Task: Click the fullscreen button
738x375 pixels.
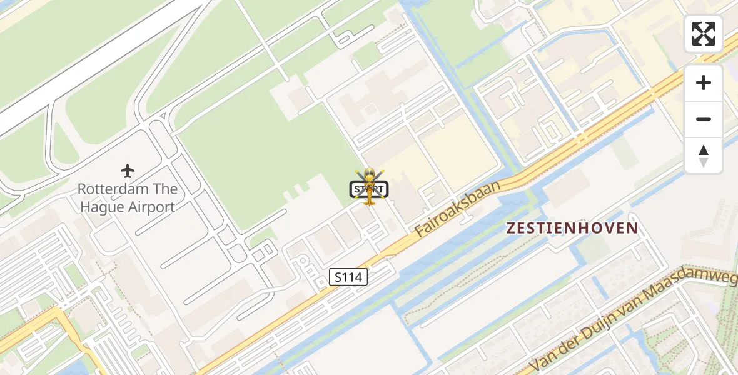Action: pos(703,34)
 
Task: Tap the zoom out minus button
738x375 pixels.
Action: pos(703,119)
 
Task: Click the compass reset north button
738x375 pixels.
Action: pos(703,156)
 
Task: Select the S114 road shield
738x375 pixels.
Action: pos(348,277)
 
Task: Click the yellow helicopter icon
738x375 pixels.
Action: pos(370,186)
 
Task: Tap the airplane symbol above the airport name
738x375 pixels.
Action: pos(128,170)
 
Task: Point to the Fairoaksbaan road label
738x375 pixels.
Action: pos(458,209)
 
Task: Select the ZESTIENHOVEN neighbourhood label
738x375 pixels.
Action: pos(572,228)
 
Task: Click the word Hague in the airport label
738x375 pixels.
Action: pos(102,207)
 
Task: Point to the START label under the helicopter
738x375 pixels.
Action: pos(369,189)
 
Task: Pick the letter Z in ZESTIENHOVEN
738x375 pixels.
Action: pos(510,228)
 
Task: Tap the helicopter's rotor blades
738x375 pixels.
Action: pos(370,176)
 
